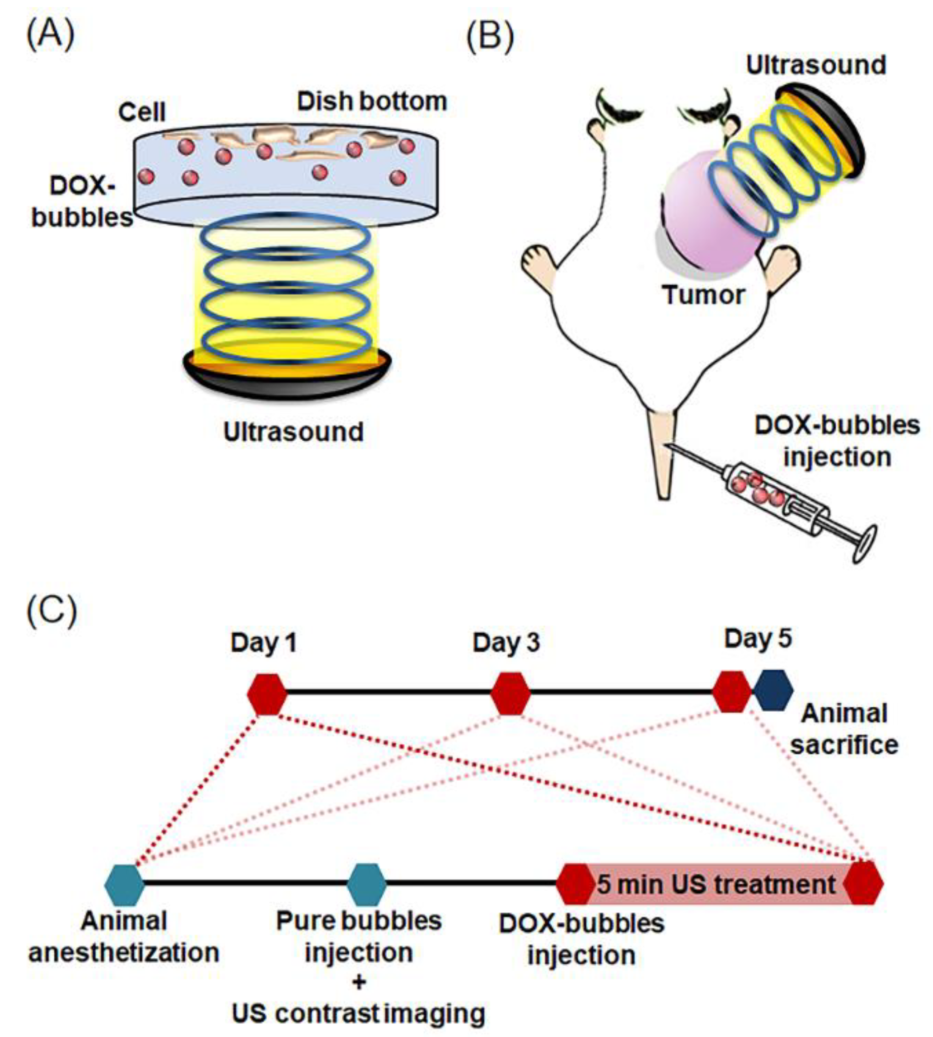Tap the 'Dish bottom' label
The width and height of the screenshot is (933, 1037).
pyautogui.click(x=372, y=101)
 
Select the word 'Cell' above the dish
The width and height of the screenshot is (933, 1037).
pyautogui.click(x=142, y=112)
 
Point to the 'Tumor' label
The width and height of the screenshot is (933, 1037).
pyautogui.click(x=703, y=295)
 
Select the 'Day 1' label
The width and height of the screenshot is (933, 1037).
pyautogui.click(x=263, y=642)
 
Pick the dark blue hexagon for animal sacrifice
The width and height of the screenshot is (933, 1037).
pyautogui.click(x=774, y=691)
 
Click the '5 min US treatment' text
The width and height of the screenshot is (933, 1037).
pyautogui.click(x=716, y=885)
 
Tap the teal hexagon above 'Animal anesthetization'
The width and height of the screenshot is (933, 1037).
pyautogui.click(x=124, y=885)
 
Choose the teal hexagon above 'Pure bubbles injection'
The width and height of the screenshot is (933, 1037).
pyautogui.click(x=367, y=885)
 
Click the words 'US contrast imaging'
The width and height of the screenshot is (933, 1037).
pyautogui.click(x=358, y=1013)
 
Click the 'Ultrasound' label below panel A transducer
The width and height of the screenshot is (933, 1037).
pyautogui.click(x=293, y=432)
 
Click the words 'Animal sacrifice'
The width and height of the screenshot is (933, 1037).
pyautogui.click(x=844, y=730)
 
